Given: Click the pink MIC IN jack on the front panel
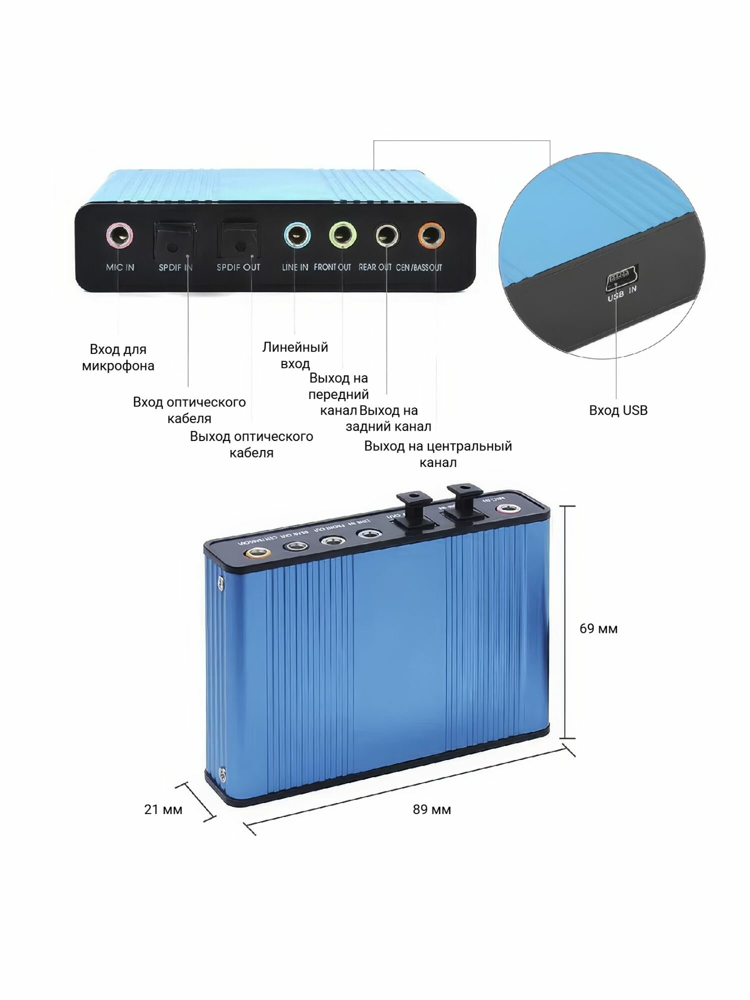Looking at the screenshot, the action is [x=120, y=235].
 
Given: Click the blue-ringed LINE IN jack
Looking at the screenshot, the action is [x=297, y=235].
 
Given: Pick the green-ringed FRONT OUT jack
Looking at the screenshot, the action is [x=342, y=234].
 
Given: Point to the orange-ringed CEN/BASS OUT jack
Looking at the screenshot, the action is [x=431, y=235].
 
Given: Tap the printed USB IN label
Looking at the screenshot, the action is [x=622, y=293].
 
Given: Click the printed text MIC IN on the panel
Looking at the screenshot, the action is [x=120, y=267].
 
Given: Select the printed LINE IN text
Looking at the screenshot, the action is [x=295, y=267].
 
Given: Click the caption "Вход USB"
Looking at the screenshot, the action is [x=618, y=410].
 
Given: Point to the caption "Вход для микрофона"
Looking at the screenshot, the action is [x=118, y=357].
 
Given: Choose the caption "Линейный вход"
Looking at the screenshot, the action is [x=295, y=355].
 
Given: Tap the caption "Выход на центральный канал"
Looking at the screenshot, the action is [x=438, y=454].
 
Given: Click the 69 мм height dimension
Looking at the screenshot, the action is [x=598, y=628].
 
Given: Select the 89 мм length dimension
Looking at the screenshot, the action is [x=432, y=809].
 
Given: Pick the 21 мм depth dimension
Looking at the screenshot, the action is [x=163, y=809].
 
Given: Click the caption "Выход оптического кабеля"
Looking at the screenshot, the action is [x=251, y=444].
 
